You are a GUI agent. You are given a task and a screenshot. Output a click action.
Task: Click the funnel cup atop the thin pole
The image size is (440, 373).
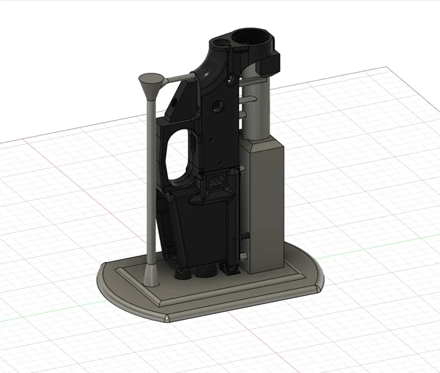pyautogui.click(x=151, y=83)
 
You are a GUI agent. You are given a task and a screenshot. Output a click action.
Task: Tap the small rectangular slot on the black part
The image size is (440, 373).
pyautogui.click(x=217, y=182)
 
